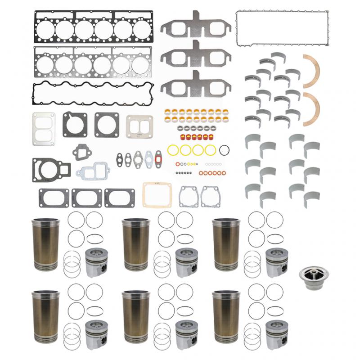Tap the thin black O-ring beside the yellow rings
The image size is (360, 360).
point(226,149)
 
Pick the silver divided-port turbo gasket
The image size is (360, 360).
point(139,126)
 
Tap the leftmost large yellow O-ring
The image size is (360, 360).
point(173,149)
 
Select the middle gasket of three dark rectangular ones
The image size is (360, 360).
point(87,197)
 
